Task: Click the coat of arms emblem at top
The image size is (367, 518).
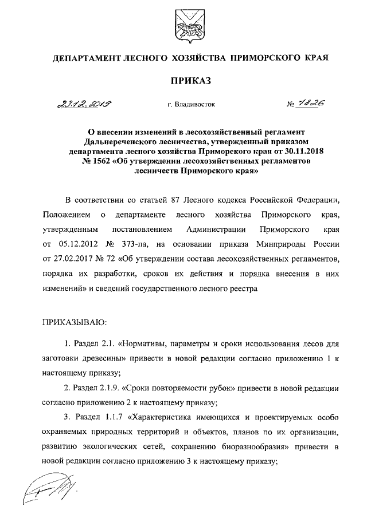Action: tap(183, 26)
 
